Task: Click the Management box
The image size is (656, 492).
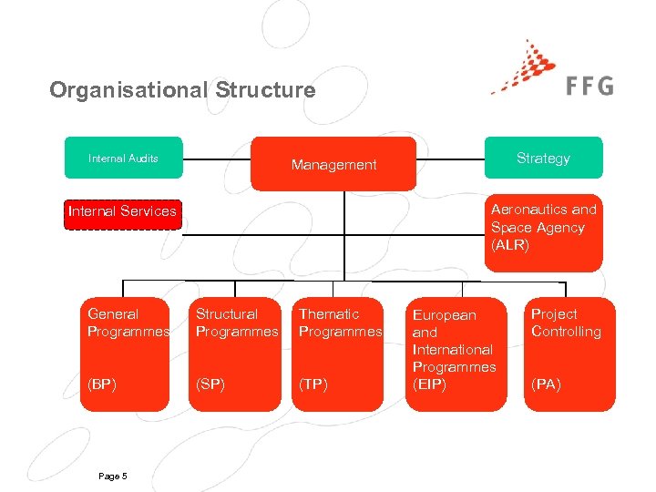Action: [333, 164]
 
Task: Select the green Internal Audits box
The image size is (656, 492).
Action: [123, 158]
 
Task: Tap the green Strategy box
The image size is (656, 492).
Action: [543, 158]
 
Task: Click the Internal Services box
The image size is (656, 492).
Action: [122, 211]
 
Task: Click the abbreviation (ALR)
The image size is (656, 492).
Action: [510, 245]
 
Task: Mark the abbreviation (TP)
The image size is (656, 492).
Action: [313, 384]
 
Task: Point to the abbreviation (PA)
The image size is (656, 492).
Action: [547, 384]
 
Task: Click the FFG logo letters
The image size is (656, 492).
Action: [589, 86]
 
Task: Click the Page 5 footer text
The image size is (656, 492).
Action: [111, 477]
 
